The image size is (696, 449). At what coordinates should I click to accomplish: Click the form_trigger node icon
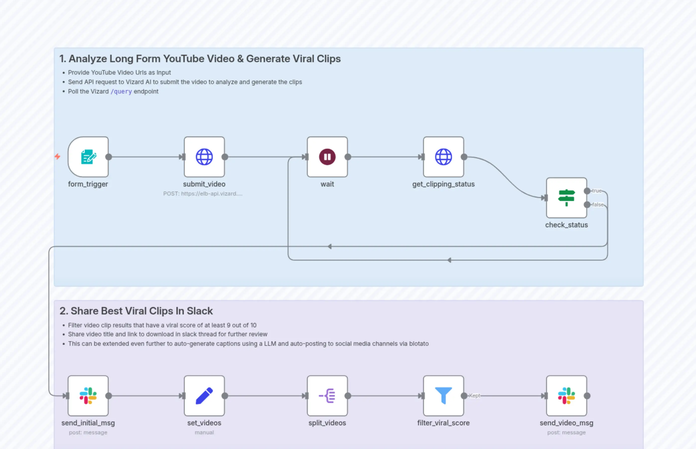(88, 157)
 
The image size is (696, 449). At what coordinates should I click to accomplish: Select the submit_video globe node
(204, 157)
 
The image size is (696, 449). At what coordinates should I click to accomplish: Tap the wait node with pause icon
(327, 157)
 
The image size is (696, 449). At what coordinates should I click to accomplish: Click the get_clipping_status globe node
(443, 157)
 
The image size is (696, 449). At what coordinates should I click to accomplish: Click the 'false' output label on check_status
(597, 205)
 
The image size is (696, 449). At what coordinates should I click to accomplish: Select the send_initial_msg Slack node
(88, 396)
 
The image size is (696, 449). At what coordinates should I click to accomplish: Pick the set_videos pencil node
(204, 396)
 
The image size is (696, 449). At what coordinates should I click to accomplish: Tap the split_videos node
(327, 396)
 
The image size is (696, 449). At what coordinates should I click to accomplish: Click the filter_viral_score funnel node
(443, 396)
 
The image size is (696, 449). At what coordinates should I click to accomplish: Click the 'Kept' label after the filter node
(474, 396)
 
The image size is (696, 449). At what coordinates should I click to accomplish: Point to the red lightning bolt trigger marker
(58, 156)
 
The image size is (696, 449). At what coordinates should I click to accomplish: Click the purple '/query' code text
(121, 92)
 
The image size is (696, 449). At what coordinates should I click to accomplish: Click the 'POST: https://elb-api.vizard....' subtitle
(203, 194)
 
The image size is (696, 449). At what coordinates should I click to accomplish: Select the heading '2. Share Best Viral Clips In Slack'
(136, 311)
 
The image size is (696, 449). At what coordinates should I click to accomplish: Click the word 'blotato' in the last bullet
(419, 344)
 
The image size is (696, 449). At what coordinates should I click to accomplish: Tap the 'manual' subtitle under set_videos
(204, 432)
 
